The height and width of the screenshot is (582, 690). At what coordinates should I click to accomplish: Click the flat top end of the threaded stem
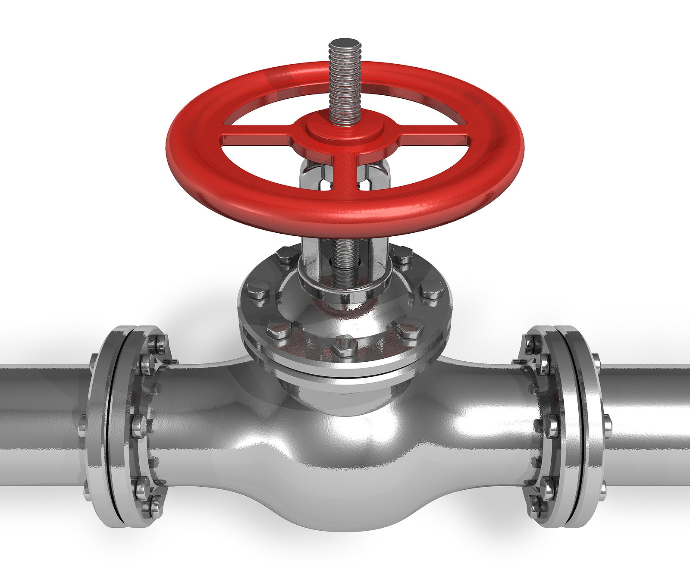click(344, 44)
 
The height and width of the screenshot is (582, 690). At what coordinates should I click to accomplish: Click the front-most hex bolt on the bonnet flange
click(344, 344)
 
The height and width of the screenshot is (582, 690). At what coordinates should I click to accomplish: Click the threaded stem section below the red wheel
click(345, 259)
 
